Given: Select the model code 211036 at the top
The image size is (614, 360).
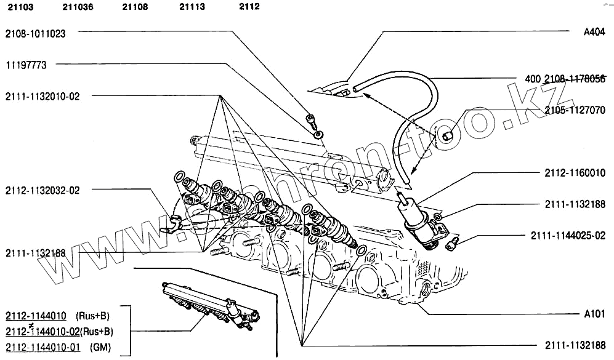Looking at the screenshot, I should tap(78, 7).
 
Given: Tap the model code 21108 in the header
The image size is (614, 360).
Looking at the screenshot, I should tap(135, 7).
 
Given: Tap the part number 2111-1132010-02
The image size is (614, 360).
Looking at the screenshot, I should tap(42, 97).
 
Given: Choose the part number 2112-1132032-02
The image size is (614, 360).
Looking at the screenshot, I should tap(42, 191).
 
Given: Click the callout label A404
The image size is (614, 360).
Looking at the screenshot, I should tap(594, 34).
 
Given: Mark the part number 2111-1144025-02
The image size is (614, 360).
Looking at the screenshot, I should tap(568, 236).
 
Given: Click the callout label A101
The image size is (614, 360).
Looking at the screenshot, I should tap(594, 314).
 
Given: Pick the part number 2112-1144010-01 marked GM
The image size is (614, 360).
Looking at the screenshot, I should tap(43, 347).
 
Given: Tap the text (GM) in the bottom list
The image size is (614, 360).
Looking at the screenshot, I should tap(100, 347).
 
